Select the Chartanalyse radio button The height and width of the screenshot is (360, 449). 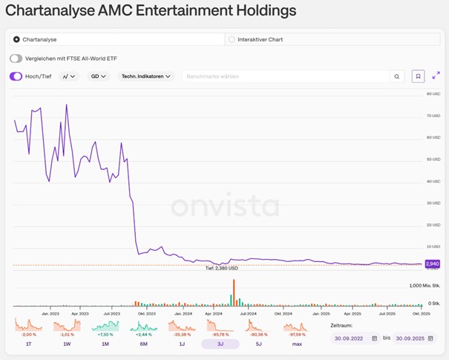(16, 39)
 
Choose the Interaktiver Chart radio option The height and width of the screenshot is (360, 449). (232, 39)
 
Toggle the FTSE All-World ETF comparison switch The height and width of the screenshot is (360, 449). (16, 59)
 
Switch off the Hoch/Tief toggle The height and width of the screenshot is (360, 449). (16, 76)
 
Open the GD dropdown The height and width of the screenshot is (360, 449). (98, 76)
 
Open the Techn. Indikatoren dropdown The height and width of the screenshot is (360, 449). (147, 76)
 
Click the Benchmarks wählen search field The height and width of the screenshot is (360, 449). (286, 76)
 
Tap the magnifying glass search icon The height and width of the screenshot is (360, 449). (397, 76)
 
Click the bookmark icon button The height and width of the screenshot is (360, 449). (418, 76)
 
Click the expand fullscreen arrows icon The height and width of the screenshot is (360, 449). (436, 76)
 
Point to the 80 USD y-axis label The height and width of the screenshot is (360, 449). (433, 94)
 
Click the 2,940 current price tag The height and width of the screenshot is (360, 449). (432, 264)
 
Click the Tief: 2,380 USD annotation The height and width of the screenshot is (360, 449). (222, 269)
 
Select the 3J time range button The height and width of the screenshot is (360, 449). (220, 344)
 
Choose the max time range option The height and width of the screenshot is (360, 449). (297, 344)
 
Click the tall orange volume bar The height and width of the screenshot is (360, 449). (234, 292)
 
